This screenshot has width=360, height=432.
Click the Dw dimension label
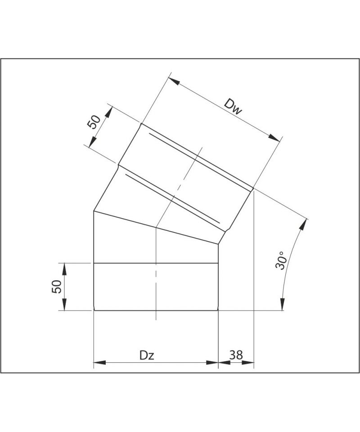coord(233,107)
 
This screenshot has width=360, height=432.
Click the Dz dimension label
coord(147,355)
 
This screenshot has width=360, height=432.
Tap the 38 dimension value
coord(236,355)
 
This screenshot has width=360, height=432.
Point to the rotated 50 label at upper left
coord(94,122)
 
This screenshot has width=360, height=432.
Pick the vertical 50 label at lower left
coord(56,287)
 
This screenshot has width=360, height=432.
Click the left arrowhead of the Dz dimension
coord(100,363)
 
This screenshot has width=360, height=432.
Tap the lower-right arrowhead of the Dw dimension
coord(274,138)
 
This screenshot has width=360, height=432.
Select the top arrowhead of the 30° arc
coord(303,225)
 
